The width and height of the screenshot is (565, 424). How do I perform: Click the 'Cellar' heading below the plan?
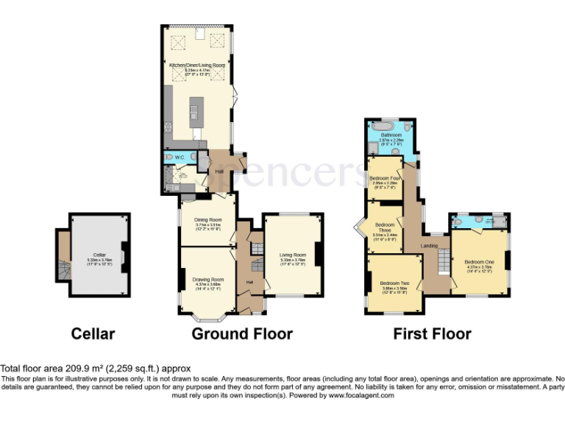(93, 333)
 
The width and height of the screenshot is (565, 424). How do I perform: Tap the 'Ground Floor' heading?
(241, 333)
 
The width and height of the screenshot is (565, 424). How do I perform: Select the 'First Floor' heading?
(432, 333)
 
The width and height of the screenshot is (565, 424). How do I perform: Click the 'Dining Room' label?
(208, 219)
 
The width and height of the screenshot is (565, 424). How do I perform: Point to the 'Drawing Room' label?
(207, 280)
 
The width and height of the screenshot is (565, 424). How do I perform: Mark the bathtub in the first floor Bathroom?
(390, 126)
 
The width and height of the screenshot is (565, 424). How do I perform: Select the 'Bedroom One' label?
(479, 263)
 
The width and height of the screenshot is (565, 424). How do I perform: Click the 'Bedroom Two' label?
(394, 283)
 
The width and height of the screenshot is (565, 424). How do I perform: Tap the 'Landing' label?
(429, 246)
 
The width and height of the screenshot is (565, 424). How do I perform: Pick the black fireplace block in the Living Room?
(319, 254)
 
